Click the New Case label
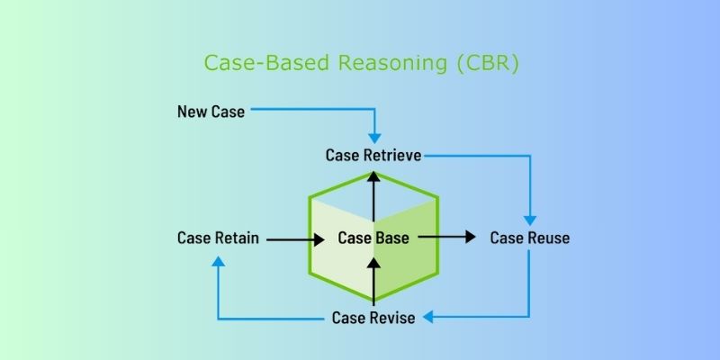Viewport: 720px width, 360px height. (211, 112)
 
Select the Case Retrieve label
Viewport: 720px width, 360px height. (373, 155)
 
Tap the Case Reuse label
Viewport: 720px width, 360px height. (530, 238)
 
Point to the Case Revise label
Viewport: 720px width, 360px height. (373, 318)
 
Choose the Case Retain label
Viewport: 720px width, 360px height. (218, 238)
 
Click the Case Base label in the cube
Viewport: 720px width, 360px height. (373, 238)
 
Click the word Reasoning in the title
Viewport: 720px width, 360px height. (392, 63)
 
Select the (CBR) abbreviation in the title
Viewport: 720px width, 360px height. (488, 63)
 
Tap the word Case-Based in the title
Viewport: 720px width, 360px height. (266, 62)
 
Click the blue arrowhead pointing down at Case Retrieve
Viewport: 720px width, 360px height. (374, 138)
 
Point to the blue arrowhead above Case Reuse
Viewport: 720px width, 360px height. (530, 220)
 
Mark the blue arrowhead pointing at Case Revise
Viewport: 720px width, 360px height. (428, 317)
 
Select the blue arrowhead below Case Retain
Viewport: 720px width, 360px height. (219, 261)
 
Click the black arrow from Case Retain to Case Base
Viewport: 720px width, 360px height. (295, 239)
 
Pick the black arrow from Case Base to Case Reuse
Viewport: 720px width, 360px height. (446, 237)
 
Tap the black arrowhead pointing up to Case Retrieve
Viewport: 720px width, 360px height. (373, 176)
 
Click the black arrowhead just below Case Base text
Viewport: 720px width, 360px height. (373, 263)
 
